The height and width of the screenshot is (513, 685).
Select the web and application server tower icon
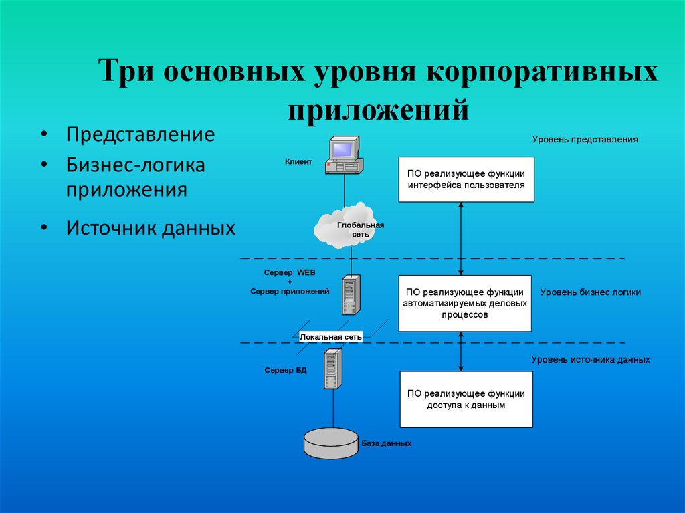[351, 294]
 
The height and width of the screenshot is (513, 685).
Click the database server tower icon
[333, 369]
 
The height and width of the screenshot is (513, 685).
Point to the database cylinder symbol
[331, 442]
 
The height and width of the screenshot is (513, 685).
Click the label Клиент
[298, 161]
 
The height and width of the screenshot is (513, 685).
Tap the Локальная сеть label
[331, 338]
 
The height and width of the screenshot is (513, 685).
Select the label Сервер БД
[286, 370]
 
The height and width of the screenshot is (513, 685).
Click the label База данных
[387, 443]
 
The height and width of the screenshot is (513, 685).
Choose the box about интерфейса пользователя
[466, 179]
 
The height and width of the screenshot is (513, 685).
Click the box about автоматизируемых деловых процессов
[465, 303]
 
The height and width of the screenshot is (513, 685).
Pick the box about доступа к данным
[466, 399]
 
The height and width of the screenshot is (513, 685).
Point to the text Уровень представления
[585, 140]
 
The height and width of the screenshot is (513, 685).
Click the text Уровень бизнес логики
[590, 292]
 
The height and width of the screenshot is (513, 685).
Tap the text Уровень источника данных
[591, 359]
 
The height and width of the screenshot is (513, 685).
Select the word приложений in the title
[378, 108]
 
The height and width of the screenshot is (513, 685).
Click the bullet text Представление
[140, 134]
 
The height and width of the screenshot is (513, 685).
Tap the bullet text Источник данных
[151, 228]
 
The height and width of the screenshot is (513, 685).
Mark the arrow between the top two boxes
[461, 238]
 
